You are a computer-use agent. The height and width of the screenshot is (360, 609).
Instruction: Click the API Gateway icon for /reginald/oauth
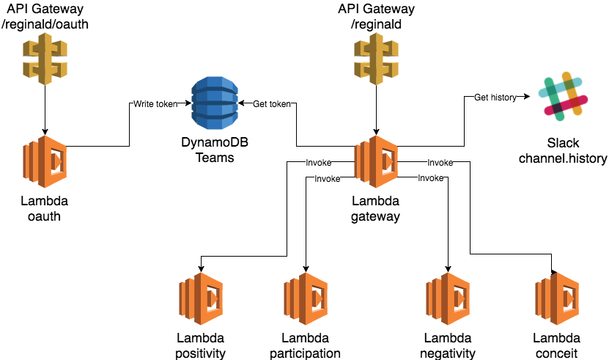click(45, 59)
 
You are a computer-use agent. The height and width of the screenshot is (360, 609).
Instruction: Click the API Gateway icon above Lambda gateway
click(377, 59)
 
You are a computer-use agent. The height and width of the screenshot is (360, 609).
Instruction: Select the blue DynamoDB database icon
click(213, 104)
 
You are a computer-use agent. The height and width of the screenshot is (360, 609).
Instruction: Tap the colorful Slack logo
click(563, 97)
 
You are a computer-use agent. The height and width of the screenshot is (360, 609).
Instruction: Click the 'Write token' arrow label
click(155, 104)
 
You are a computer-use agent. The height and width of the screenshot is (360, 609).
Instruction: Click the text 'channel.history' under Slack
click(563, 158)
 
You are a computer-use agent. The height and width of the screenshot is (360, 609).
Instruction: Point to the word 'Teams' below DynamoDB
click(214, 157)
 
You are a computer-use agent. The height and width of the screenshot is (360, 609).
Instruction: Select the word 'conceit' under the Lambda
click(557, 353)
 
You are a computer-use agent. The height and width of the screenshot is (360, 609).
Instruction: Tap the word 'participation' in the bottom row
click(304, 353)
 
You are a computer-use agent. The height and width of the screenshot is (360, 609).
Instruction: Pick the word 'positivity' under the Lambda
click(201, 353)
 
